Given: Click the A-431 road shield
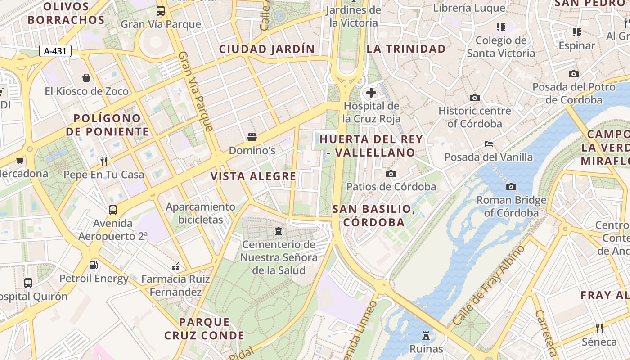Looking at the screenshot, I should click(55, 51).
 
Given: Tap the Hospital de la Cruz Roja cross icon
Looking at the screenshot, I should click(371, 93).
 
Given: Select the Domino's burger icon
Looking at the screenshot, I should click(252, 137).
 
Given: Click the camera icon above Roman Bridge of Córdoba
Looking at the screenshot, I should click(511, 187).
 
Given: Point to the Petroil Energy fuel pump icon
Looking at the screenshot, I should click(94, 265).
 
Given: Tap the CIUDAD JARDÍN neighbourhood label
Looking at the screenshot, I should click(267, 49).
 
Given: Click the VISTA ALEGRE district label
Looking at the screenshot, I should click(253, 176).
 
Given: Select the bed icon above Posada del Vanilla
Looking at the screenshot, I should click(489, 144).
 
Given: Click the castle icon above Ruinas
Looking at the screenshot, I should click(426, 335).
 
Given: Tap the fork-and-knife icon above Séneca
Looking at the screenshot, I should click(599, 328).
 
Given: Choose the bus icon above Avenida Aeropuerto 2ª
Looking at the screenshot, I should click(113, 210).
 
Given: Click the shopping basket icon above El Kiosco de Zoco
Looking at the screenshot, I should click(86, 78).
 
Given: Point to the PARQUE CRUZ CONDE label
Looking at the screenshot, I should click(204, 329).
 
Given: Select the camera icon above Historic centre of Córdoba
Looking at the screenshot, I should click(475, 98).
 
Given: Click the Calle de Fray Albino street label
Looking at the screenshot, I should click(489, 286).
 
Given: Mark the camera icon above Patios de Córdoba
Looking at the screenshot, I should click(391, 174).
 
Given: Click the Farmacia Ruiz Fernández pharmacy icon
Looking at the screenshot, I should click(175, 266).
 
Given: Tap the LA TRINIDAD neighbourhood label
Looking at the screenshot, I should click(406, 49).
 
